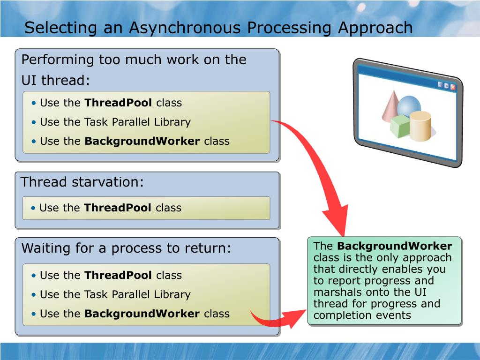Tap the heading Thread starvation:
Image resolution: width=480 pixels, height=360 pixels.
(82, 182)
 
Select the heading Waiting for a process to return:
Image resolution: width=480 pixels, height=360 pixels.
(126, 248)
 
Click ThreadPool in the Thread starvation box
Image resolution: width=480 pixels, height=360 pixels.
(118, 208)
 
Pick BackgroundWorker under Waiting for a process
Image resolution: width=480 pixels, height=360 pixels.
(142, 314)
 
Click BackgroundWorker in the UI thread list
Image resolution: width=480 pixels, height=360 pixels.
(142, 141)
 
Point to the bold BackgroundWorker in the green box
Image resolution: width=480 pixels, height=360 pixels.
(395, 246)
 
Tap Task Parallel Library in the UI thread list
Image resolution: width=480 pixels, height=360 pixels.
(137, 122)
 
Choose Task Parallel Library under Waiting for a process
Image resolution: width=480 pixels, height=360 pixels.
(137, 294)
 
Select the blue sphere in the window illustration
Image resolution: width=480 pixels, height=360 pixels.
(409, 106)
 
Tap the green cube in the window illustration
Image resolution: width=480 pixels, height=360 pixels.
(400, 126)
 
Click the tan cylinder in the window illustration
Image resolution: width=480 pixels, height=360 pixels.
(420, 126)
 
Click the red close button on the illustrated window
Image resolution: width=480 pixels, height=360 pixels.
(453, 87)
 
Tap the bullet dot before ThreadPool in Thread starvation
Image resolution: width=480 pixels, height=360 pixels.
(33, 208)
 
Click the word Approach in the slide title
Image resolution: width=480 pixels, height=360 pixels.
(375, 28)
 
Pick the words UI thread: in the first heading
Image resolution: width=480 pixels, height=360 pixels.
(56, 80)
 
